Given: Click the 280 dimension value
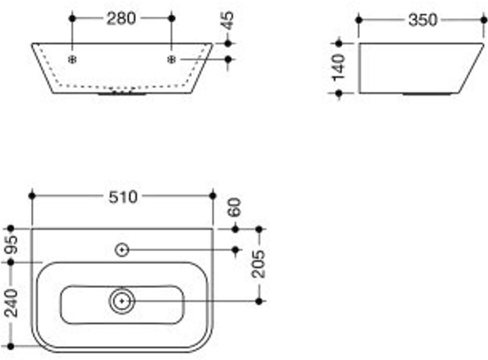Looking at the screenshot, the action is click(x=121, y=19).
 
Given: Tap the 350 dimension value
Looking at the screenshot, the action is click(x=422, y=20).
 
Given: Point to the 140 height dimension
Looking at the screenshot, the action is click(x=339, y=67).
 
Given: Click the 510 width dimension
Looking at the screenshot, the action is click(x=122, y=197).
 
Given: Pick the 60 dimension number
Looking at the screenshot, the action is click(x=235, y=207).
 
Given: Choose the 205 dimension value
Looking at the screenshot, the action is click(x=258, y=263).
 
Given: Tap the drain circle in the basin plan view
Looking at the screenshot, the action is click(x=122, y=301).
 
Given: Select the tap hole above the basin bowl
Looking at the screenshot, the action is click(x=122, y=249).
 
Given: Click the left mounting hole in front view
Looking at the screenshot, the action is click(x=72, y=59).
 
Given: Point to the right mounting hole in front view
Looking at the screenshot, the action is click(x=171, y=59).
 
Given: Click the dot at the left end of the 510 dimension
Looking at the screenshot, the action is click(x=32, y=195).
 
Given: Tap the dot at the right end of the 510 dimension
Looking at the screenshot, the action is click(x=213, y=195).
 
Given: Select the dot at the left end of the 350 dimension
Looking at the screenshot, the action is click(x=359, y=20).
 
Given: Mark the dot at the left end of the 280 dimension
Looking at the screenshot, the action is click(x=72, y=18).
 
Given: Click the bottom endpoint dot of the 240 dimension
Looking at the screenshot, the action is click(x=11, y=346).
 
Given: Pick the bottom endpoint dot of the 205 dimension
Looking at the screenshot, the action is click(x=258, y=301).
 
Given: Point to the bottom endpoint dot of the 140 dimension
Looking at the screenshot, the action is click(x=339, y=93).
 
